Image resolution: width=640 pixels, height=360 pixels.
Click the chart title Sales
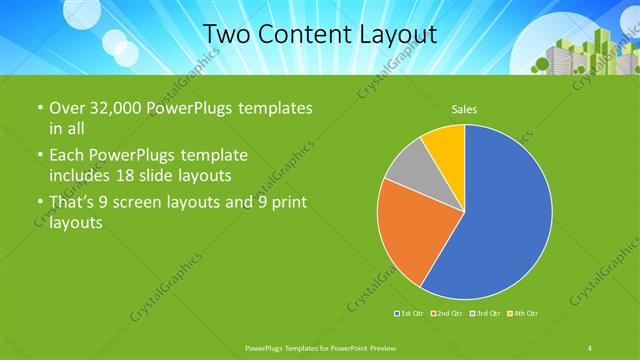tap(464, 107)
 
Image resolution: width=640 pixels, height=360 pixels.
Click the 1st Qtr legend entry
tap(410, 315)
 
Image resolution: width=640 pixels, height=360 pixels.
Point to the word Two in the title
tap(229, 34)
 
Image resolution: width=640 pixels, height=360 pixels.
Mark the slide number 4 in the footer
tap(590, 348)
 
